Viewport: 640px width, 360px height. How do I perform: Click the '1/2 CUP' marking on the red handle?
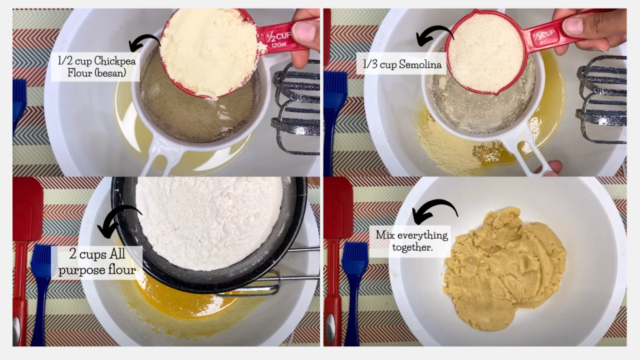pos(278,38)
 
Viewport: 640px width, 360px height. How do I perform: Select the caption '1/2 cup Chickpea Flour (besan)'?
pos(96,67)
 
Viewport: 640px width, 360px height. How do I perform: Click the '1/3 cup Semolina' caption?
pos(402,64)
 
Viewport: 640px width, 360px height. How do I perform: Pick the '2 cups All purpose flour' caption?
pos(97,262)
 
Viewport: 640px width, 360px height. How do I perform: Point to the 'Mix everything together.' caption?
pos(411,241)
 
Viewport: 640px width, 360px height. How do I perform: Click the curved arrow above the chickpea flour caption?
pos(144,42)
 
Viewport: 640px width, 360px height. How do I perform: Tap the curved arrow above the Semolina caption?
pos(434,36)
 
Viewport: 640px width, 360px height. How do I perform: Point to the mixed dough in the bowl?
pos(504,267)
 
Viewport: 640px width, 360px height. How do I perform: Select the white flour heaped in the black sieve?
pos(209,222)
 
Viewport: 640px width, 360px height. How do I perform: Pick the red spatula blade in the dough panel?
pos(338,208)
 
